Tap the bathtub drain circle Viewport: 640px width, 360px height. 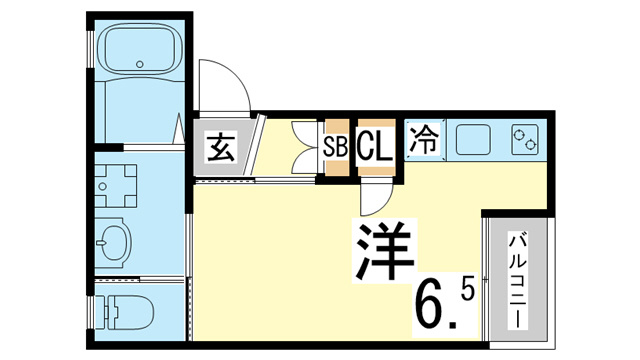pyautogui.click(x=140, y=64)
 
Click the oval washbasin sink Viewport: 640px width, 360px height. pyautogui.click(x=114, y=243)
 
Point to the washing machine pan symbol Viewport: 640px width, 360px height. pyautogui.click(x=116, y=186)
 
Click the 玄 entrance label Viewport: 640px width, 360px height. pyautogui.click(x=221, y=147)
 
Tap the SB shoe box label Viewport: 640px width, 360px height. pyautogui.click(x=336, y=147)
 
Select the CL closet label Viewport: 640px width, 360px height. pyautogui.click(x=376, y=145)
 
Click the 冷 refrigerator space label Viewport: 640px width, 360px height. pyautogui.click(x=424, y=139)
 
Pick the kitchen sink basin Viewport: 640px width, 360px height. pyautogui.click(x=473, y=139)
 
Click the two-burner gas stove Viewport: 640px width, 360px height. pyautogui.click(x=524, y=139)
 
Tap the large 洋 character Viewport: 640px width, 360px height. pyautogui.click(x=384, y=251)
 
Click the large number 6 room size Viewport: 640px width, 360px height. pyautogui.click(x=431, y=306)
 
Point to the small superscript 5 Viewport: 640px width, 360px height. pyautogui.click(x=468, y=291)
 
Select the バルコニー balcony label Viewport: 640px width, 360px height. pyautogui.click(x=517, y=280)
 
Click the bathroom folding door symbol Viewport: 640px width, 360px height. pyautogui.click(x=178, y=130)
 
